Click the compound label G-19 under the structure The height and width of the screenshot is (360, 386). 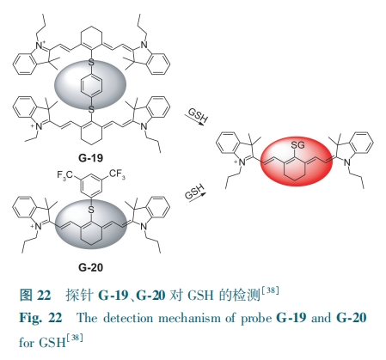click(90, 158)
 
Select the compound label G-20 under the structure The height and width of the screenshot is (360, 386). click(90, 267)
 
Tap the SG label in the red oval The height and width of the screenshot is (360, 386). click(297, 145)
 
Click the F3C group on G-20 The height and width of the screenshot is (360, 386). click(65, 174)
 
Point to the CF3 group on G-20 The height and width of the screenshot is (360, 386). click(117, 174)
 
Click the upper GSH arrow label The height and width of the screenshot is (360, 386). click(198, 115)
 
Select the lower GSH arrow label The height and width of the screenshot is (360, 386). click(195, 192)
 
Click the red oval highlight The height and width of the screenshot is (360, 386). click(297, 162)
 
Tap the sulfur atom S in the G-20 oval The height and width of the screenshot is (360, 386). click(91, 210)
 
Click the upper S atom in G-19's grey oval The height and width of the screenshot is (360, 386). click(91, 62)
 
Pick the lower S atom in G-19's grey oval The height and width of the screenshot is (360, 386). click(91, 109)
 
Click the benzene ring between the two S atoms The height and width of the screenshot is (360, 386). click(91, 85)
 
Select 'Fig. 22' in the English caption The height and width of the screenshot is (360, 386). click(40, 318)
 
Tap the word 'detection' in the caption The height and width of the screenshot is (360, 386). click(128, 318)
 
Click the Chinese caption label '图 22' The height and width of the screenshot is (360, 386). click(35, 295)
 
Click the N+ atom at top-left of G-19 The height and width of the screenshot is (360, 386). click(40, 46)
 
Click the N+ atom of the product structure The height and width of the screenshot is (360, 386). click(241, 162)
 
